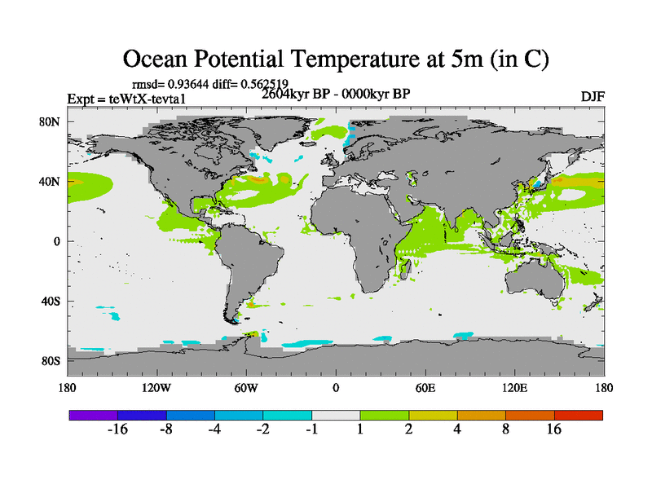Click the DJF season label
593,96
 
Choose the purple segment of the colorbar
93,415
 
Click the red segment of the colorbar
579,415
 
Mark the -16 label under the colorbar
117,430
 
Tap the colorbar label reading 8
506,430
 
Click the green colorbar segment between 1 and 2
385,415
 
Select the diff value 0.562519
260,83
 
